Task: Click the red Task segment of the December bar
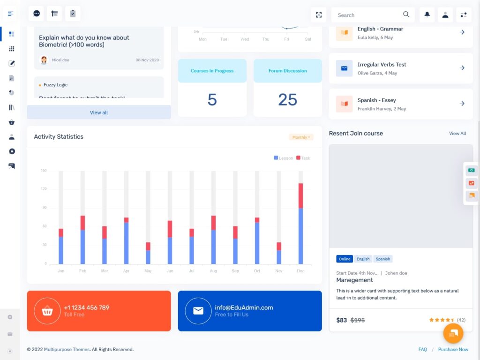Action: [x=300, y=195]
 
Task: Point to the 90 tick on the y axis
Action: [x=44, y=208]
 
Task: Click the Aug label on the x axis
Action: [x=213, y=271]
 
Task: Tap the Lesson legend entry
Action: [x=283, y=158]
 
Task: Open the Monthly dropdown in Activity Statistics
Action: [x=301, y=137]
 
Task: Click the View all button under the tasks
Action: [x=99, y=112]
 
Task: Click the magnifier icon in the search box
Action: [x=406, y=15]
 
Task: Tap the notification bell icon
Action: [x=427, y=15]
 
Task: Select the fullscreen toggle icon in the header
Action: [x=319, y=15]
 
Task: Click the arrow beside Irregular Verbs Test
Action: [x=462, y=68]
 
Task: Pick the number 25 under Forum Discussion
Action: [x=287, y=99]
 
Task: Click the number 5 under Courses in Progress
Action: [x=212, y=99]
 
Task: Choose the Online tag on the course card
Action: [x=345, y=259]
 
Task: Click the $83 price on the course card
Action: [x=342, y=320]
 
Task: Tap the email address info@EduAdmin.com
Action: [x=244, y=307]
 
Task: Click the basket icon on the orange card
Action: [x=47, y=311]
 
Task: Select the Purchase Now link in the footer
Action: [x=453, y=349]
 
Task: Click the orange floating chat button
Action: [x=453, y=333]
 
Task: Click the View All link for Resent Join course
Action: [x=457, y=134]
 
